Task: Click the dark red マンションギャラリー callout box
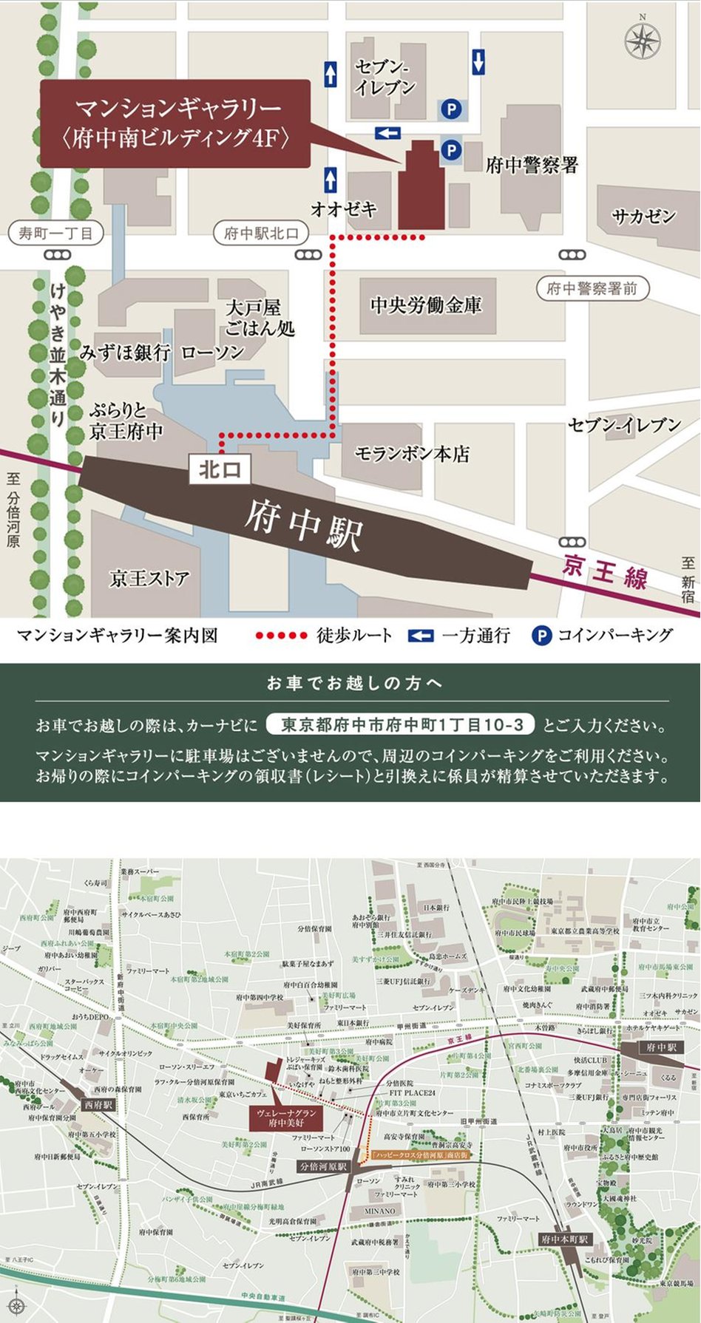tap(174, 123)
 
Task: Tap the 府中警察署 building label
tap(532, 165)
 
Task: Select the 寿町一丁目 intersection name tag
tap(56, 233)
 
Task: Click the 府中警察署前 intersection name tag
tap(592, 288)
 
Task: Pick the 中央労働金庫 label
tap(426, 305)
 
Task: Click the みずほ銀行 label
tap(126, 353)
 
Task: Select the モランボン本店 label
tap(412, 453)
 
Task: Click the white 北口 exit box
tap(220, 469)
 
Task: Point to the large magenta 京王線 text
tap(604, 571)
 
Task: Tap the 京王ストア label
tap(149, 577)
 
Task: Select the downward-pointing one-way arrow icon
tap(478, 61)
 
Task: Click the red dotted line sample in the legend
tap(281, 635)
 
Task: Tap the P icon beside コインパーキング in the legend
tap(542, 635)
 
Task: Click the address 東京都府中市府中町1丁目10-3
tap(399, 724)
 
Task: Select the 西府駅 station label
tap(98, 1105)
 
